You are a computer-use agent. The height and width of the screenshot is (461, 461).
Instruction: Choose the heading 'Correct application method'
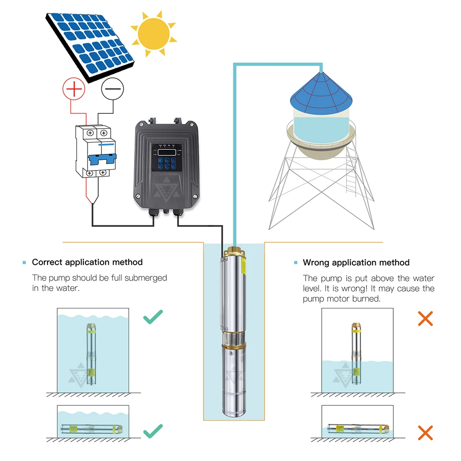pyautogui.click(x=87, y=262)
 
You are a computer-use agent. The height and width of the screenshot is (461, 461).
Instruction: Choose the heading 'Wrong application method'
pyautogui.click(x=356, y=263)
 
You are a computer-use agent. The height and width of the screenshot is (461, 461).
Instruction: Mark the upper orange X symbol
pyautogui.click(x=425, y=318)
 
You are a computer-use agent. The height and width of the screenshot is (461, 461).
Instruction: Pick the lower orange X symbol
pyautogui.click(x=425, y=432)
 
